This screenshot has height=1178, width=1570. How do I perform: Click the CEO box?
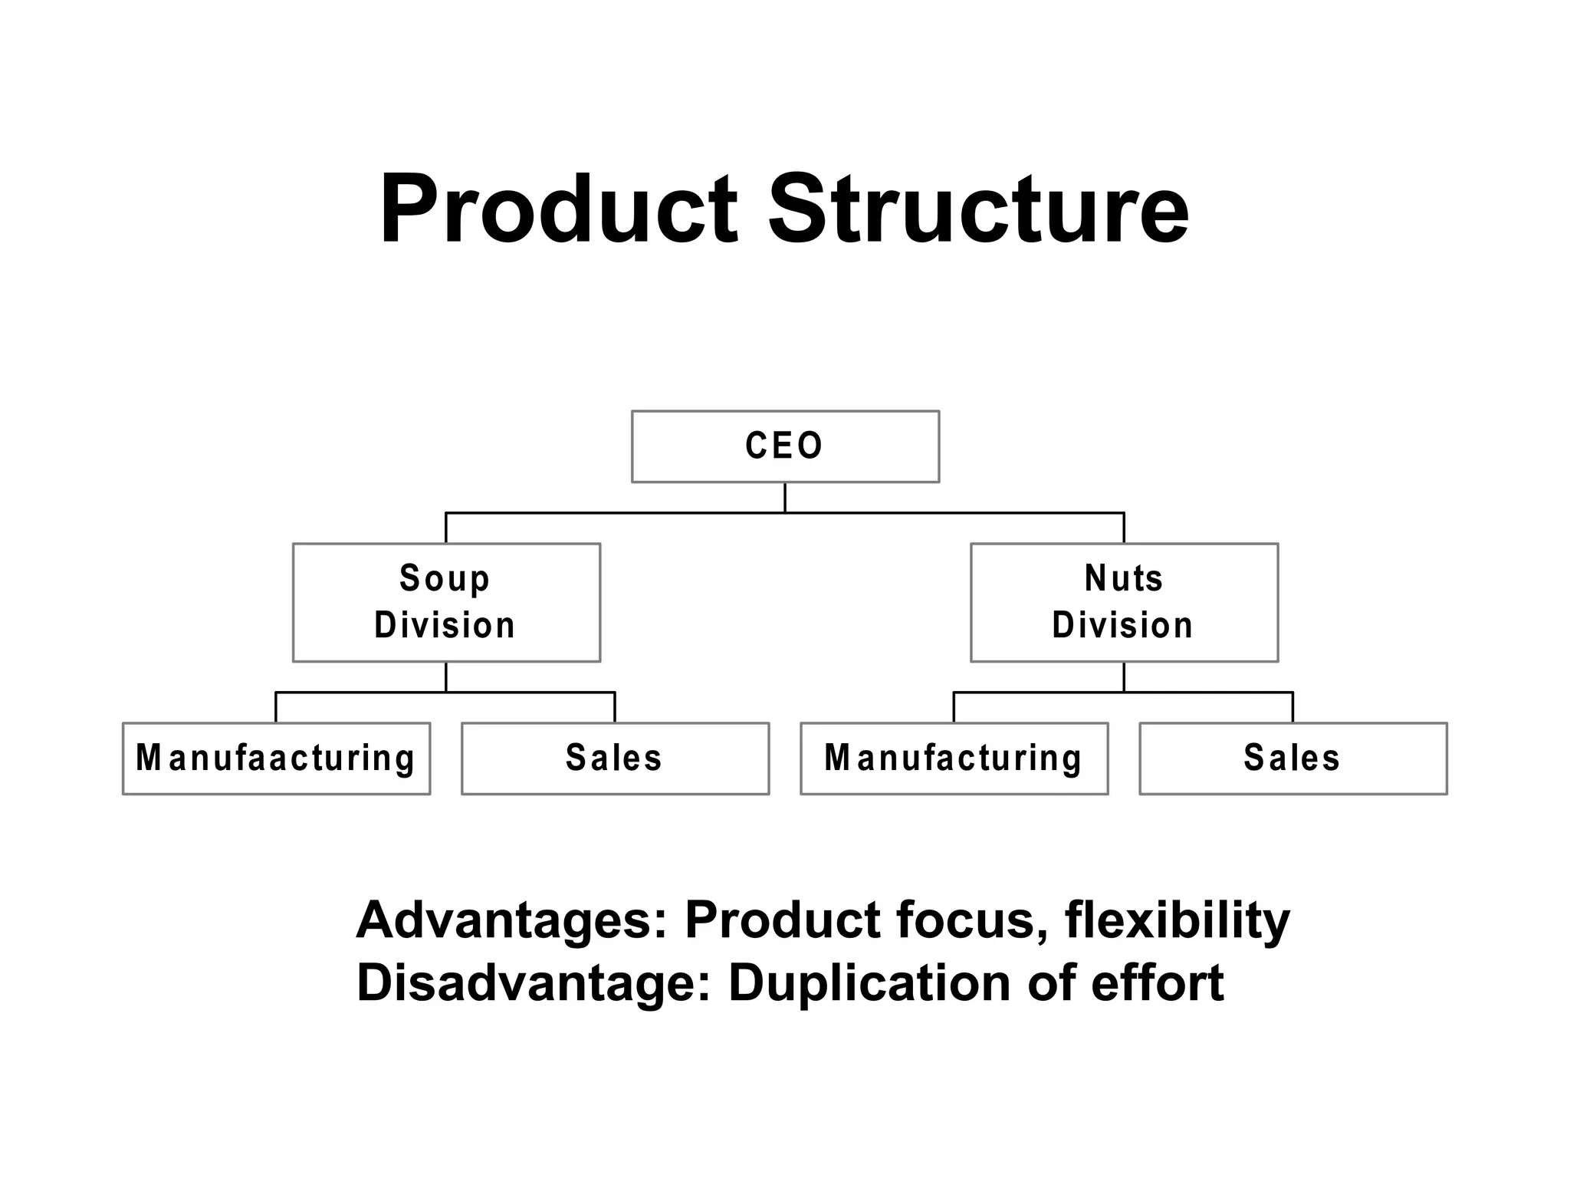coord(785,446)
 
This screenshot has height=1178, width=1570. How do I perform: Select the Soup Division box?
coord(446,602)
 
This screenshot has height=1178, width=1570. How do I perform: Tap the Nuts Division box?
coord(1124,602)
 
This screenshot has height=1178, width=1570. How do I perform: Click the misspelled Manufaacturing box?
coord(276,758)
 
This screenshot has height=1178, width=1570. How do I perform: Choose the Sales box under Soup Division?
coord(615,758)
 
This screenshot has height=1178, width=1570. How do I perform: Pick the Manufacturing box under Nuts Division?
coord(954,758)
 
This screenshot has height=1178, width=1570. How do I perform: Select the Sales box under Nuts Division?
coord(1292,758)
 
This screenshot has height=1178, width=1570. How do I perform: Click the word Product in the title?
coord(558,209)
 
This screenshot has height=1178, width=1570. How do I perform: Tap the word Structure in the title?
coord(978,209)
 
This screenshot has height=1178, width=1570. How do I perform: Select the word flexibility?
coord(1177,920)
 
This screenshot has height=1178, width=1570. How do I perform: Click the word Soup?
coord(445,579)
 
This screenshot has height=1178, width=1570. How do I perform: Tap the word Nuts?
coord(1124,579)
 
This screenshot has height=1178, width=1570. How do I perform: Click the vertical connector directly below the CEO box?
coord(785,497)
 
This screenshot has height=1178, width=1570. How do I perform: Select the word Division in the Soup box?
coord(445,626)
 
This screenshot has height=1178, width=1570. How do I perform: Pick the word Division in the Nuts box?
coord(1122,626)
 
